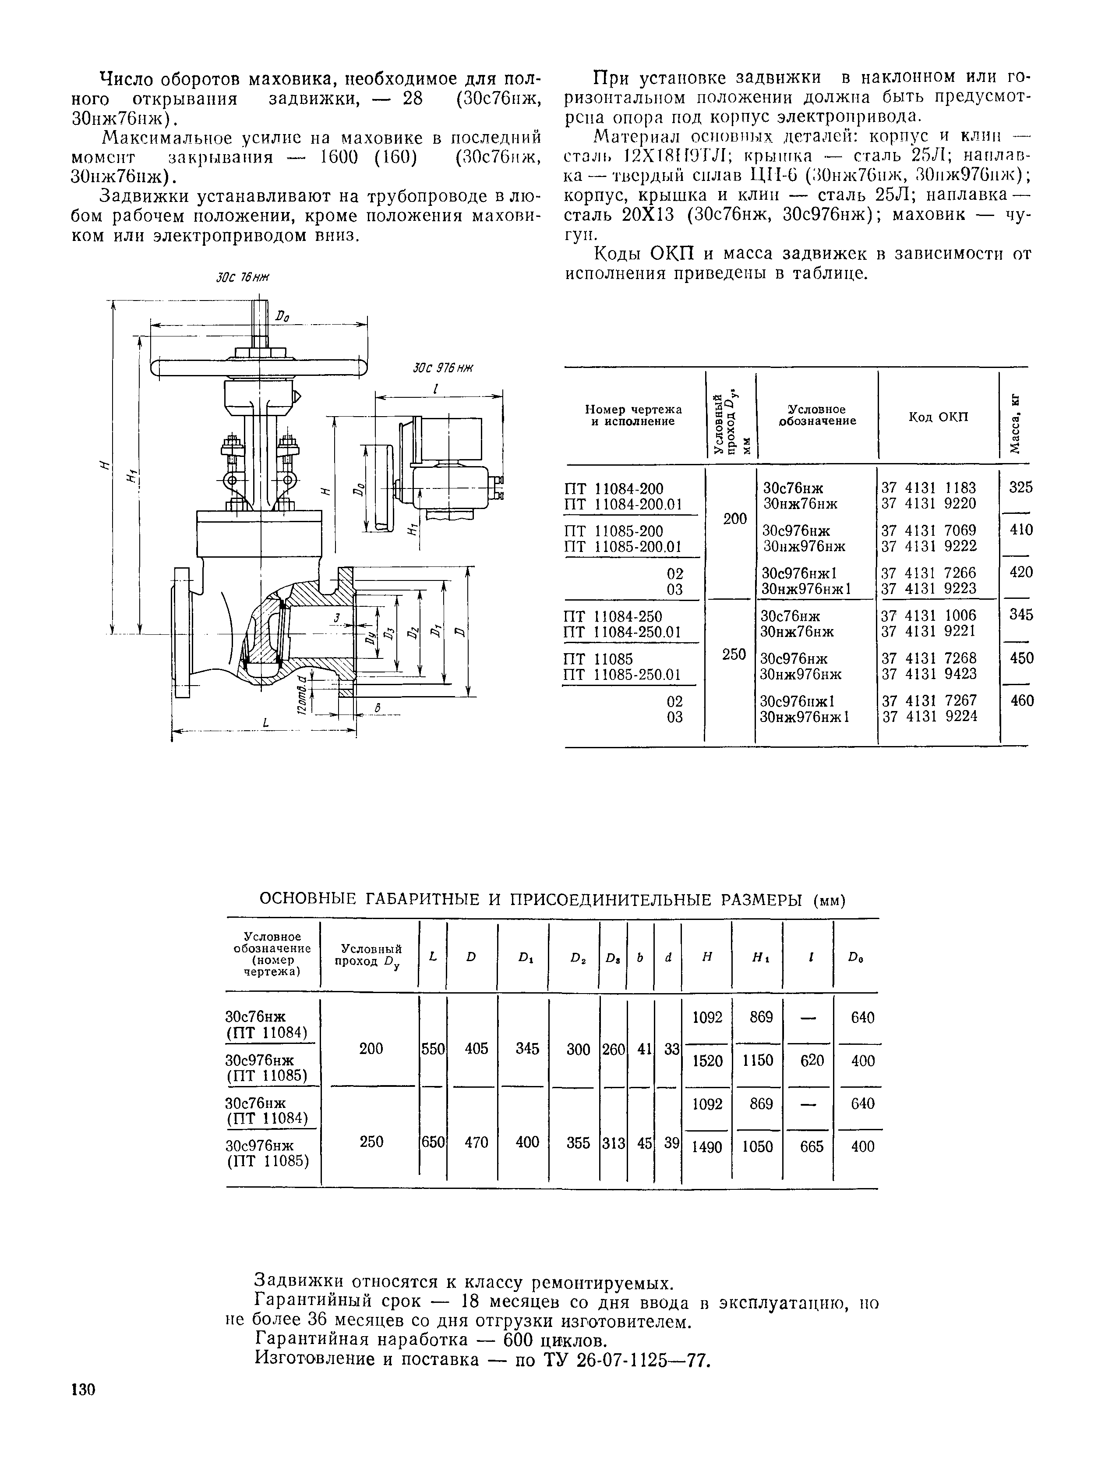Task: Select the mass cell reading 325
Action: tap(1020, 488)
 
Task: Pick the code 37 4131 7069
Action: tap(928, 530)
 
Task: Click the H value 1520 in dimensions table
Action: tap(707, 1060)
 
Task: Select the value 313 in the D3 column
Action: tap(613, 1143)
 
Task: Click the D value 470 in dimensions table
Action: tap(476, 1142)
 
